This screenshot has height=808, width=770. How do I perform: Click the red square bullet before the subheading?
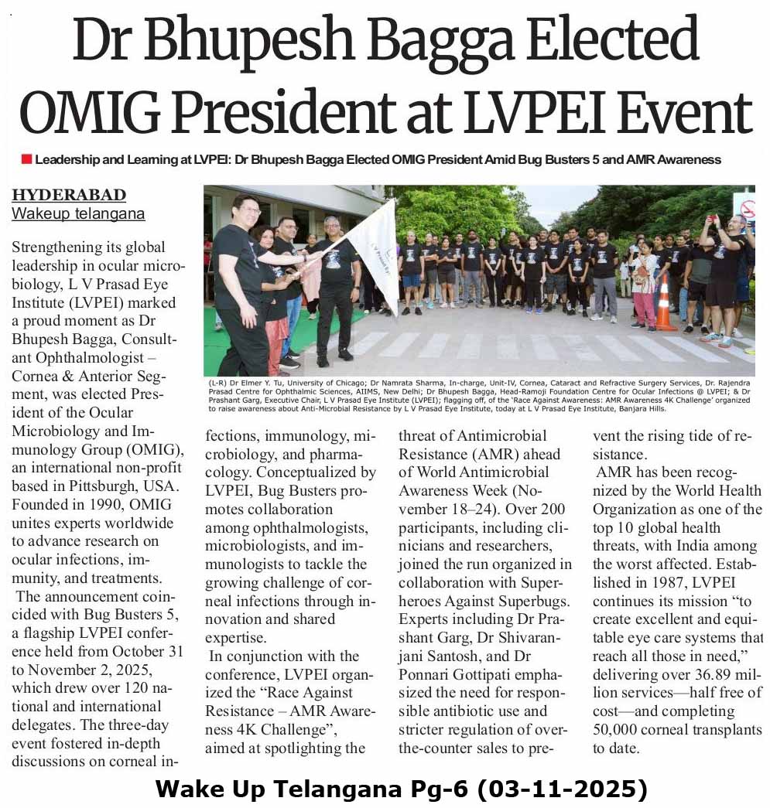(26, 159)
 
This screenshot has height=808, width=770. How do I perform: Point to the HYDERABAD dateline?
(68, 195)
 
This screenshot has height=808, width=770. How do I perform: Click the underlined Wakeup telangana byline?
(77, 213)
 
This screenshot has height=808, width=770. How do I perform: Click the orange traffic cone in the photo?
(663, 304)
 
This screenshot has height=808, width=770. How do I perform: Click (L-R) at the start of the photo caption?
(218, 383)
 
